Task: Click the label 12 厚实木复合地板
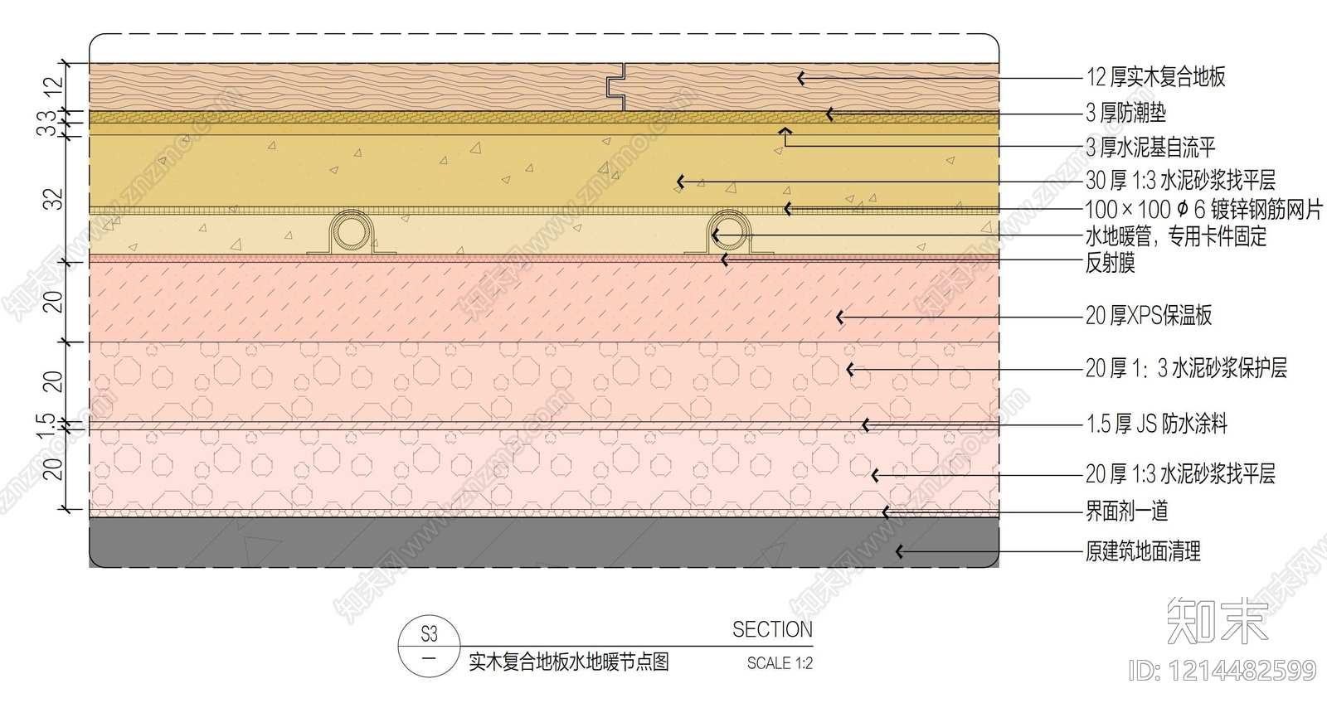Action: coord(1155,77)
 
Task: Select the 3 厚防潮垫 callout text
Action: coord(1125,113)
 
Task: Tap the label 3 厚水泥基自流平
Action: coord(1150,147)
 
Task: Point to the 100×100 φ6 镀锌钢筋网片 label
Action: coord(1203,209)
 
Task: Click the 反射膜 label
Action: coord(1111,262)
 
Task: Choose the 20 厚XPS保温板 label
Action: coord(1149,316)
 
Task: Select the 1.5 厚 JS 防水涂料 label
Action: coord(1156,424)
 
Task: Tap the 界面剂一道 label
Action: coord(1127,511)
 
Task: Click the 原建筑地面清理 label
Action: coord(1143,551)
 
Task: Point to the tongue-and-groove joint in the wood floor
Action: coord(618,87)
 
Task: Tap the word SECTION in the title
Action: coord(772,629)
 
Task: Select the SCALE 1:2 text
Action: coord(780,662)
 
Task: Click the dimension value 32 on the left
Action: coord(53,199)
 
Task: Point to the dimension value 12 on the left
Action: coord(53,87)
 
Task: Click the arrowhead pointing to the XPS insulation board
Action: coord(839,318)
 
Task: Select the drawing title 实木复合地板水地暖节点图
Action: coord(569,662)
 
